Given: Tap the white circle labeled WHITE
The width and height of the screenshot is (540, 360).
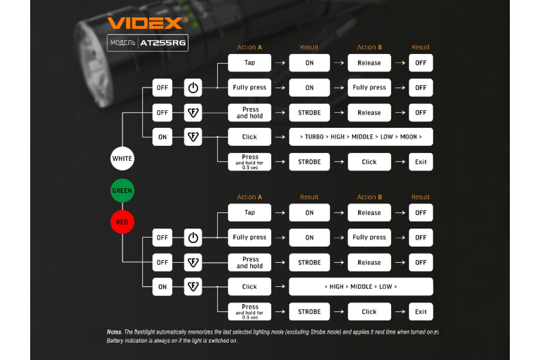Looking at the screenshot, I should (122, 158).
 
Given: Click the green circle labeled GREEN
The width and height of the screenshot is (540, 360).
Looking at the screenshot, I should (122, 190).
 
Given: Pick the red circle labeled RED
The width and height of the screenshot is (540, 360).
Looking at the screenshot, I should (122, 222).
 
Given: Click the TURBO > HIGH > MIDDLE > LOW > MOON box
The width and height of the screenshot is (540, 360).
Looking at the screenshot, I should (361, 137).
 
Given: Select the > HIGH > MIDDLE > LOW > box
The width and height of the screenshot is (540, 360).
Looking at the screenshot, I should (361, 287).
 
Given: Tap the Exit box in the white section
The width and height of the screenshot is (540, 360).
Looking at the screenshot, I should (421, 162).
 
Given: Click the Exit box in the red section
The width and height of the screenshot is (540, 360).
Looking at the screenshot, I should (421, 311).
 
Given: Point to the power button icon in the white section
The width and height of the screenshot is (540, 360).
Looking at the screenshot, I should (193, 88).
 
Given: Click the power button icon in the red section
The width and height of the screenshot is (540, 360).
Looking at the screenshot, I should (193, 238).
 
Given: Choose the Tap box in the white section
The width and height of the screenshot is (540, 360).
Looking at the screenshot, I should (250, 63).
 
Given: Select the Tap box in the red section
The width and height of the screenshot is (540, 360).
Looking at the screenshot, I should (250, 213).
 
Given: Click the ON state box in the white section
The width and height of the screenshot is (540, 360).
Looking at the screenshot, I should (162, 137).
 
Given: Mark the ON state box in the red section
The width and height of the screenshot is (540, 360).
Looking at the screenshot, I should (162, 287).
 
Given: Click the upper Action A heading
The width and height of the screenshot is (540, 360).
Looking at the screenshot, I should (250, 47).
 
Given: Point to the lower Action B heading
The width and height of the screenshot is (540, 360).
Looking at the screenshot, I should (369, 197).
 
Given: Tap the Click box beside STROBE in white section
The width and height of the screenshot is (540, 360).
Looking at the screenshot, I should (369, 162).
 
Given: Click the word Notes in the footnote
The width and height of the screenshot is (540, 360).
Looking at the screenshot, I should (114, 332).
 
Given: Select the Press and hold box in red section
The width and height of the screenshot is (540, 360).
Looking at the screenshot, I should (250, 262).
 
